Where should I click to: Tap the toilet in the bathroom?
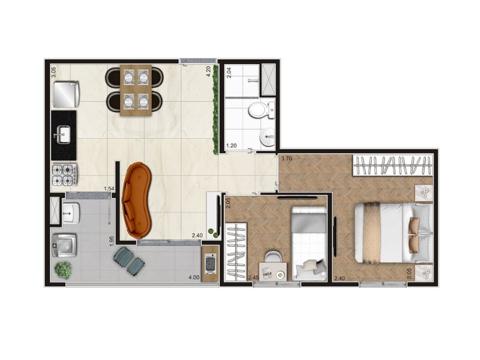pos(261,110)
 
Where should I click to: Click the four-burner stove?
pos(65,175)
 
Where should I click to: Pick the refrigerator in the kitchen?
pos(66,94)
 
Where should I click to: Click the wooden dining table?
pos(136,91)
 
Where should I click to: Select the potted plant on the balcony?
pos(64,269)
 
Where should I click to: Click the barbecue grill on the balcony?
pos(211,263)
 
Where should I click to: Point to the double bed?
pos(393,233)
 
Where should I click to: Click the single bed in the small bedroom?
pos(309,244)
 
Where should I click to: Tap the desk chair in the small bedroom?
pos(272,257)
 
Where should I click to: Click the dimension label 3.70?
pos(287,158)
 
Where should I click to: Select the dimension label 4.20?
pos(208,71)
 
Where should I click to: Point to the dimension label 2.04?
pos(229,73)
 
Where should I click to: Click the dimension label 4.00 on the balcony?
pos(194,278)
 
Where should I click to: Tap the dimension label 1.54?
pos(109,189)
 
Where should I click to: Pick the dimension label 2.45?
pos(254,278)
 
